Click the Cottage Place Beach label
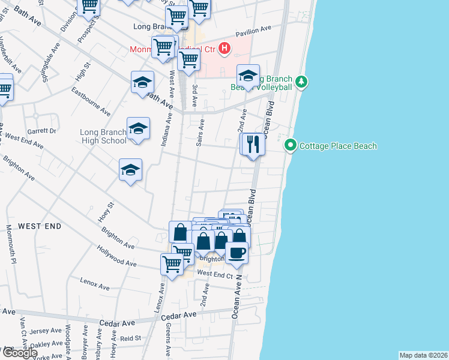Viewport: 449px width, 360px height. [338, 146]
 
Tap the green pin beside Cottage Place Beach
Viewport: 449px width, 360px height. [291, 145]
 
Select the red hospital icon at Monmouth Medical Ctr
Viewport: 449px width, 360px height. [224, 49]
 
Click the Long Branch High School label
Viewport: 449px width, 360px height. [104, 136]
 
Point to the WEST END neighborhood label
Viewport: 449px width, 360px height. [40, 226]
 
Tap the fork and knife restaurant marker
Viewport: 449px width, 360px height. [253, 145]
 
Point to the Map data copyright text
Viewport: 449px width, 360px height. [424, 355]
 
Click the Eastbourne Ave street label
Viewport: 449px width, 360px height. [91, 103]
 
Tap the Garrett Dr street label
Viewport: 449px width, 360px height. [41, 130]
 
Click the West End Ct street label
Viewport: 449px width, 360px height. [214, 274]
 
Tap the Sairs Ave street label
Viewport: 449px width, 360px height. [202, 133]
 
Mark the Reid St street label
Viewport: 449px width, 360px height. [130, 338]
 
